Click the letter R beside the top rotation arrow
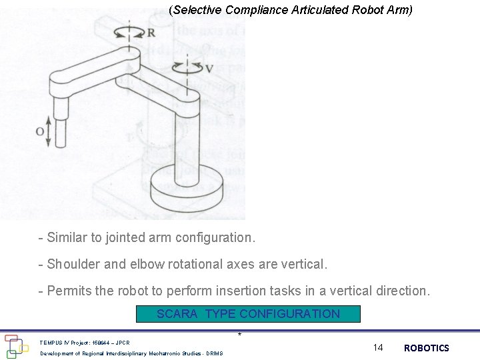tap(151, 33)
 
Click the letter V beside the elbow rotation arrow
tap(209, 69)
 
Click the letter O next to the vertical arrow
tap(39, 131)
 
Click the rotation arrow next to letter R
tap(129, 31)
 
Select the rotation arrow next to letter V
tap(188, 67)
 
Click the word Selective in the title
tap(197, 10)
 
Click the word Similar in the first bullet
tap(68, 237)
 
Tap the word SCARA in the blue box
tap(177, 314)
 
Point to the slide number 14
tap(378, 347)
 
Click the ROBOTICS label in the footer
tap(427, 348)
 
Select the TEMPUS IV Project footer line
tap(84, 342)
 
